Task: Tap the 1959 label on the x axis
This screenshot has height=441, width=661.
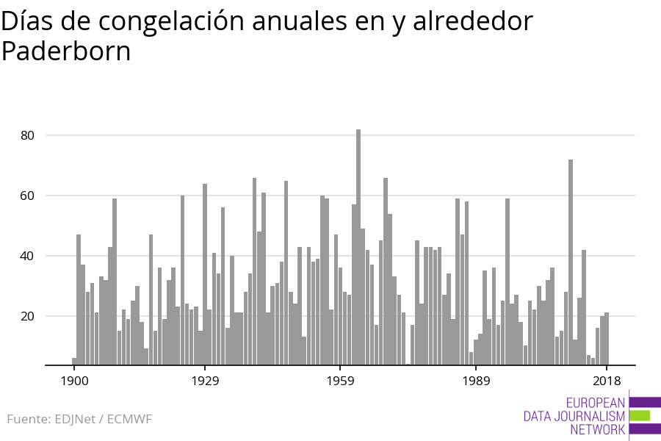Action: point(340,381)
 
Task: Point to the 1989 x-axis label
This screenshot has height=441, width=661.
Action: point(476,381)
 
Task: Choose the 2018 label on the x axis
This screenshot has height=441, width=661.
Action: point(607,381)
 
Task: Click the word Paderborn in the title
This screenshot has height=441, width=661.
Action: point(66,51)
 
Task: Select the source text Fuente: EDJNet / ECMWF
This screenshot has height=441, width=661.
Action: point(79,420)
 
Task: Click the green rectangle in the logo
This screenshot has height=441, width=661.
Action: point(640,415)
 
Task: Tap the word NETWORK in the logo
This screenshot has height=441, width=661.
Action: point(597,429)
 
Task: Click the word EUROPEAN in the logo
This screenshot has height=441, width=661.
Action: point(595,403)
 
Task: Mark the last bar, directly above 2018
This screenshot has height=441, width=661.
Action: point(607,339)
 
